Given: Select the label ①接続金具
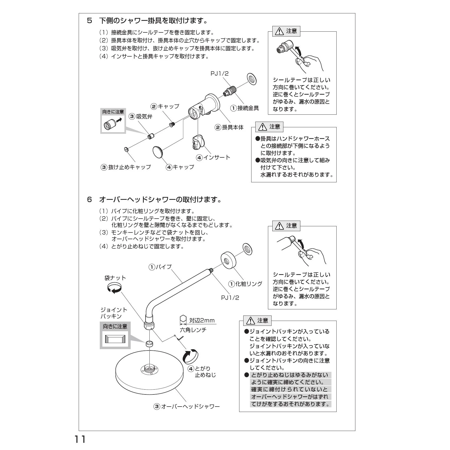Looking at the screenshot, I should (x=245, y=108).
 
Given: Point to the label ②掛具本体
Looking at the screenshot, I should (x=229, y=127).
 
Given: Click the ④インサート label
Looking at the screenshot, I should (x=213, y=157).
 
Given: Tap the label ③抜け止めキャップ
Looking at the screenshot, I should (x=126, y=167).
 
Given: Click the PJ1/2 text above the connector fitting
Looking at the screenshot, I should (x=219, y=74).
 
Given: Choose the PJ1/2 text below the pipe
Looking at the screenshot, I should (x=230, y=298).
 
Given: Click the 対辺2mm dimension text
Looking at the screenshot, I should (x=202, y=320).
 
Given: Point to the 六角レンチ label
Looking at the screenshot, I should (x=193, y=330).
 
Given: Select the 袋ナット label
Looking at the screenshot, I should (x=115, y=278).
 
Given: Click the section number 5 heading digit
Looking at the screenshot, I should (x=89, y=21).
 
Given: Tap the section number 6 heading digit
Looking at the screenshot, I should (x=89, y=200).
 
